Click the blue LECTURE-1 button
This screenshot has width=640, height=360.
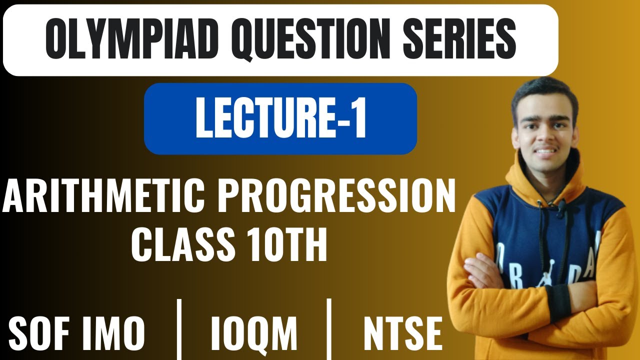click(x=280, y=118)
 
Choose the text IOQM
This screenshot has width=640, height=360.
click(x=254, y=333)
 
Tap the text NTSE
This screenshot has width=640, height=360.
click(x=403, y=333)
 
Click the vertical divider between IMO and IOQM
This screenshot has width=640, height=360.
click(x=179, y=330)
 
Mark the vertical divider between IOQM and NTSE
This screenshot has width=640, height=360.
click(x=329, y=330)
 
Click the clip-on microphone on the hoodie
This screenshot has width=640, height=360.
click(x=561, y=207)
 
